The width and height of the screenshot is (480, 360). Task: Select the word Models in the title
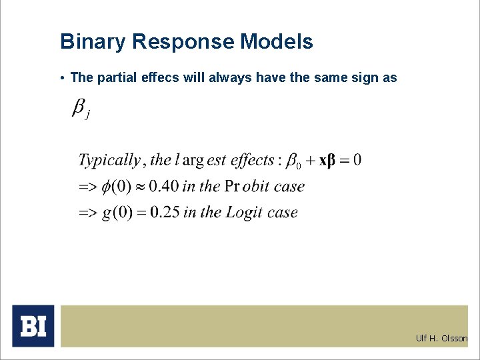(x=276, y=42)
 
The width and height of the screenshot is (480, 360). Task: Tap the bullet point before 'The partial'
(x=61, y=78)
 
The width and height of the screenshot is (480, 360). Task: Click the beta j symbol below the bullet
(x=80, y=109)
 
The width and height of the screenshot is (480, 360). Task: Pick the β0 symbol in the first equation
(x=293, y=161)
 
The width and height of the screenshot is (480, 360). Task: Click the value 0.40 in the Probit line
(x=163, y=187)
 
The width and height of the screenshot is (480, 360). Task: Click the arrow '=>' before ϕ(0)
(x=88, y=187)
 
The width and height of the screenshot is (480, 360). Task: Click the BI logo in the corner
(x=33, y=326)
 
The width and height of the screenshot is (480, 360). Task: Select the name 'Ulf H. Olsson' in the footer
(x=441, y=338)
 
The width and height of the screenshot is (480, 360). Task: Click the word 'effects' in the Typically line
(x=253, y=160)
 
